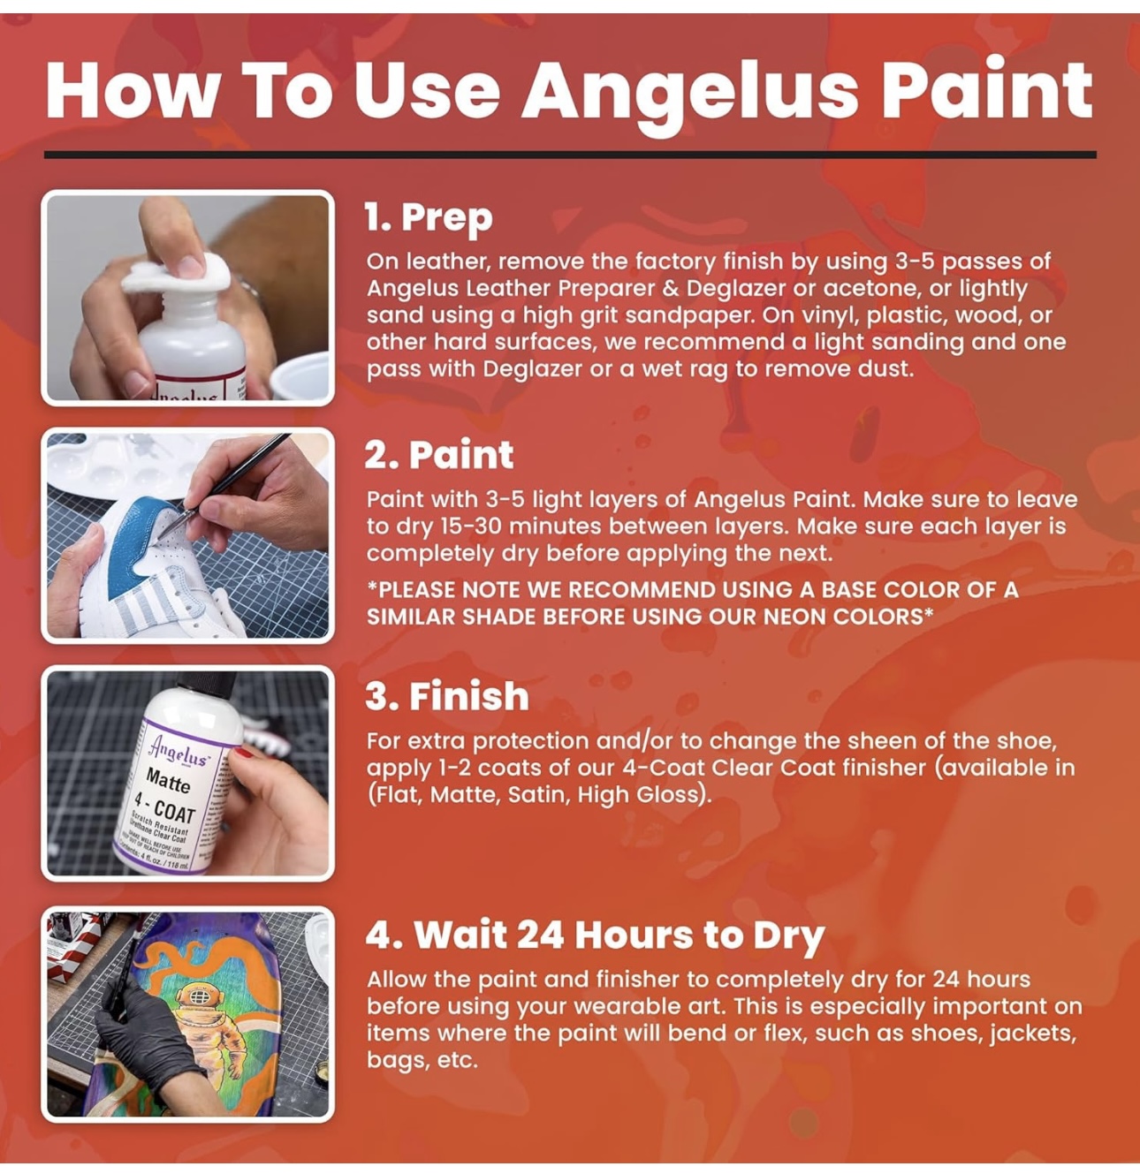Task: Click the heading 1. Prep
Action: (x=429, y=217)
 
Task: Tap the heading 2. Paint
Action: (x=439, y=455)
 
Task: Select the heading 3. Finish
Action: (x=447, y=696)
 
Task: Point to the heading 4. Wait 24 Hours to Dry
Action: (x=595, y=935)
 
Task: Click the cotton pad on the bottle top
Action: (x=177, y=274)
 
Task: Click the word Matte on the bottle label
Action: (x=168, y=782)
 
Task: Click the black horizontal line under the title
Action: (x=570, y=155)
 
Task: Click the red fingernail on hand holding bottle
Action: (x=242, y=753)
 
